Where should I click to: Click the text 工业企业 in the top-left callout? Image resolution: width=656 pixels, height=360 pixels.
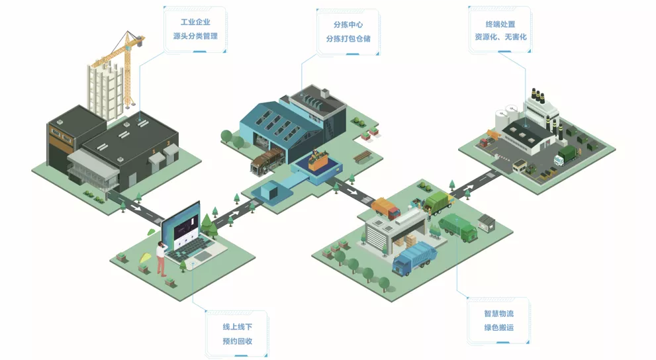195,22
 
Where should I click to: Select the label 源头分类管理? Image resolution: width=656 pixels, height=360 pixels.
195,36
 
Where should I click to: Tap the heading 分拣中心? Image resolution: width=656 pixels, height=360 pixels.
348,24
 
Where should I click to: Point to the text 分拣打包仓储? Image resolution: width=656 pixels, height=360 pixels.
348,39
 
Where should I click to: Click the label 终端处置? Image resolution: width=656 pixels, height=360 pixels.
500,24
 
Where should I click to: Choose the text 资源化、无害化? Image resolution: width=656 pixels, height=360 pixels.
500,38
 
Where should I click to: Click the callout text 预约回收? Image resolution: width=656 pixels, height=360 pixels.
237,342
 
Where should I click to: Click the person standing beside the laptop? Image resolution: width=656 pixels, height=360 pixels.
160,258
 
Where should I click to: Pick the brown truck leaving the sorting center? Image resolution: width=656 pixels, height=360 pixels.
267,162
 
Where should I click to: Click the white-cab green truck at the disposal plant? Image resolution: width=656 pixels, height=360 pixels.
568,156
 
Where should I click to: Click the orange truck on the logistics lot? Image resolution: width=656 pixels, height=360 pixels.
386,208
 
